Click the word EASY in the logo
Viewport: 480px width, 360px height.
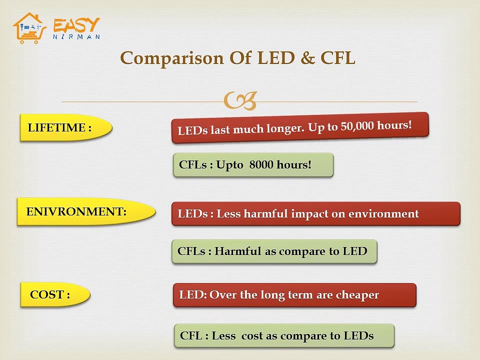[x=76, y=25]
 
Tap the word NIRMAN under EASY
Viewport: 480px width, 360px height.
[x=76, y=36]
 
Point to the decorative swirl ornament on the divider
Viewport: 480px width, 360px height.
[x=240, y=101]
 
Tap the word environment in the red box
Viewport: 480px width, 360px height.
[x=383, y=214]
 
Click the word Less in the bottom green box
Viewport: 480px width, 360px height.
[x=223, y=335]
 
